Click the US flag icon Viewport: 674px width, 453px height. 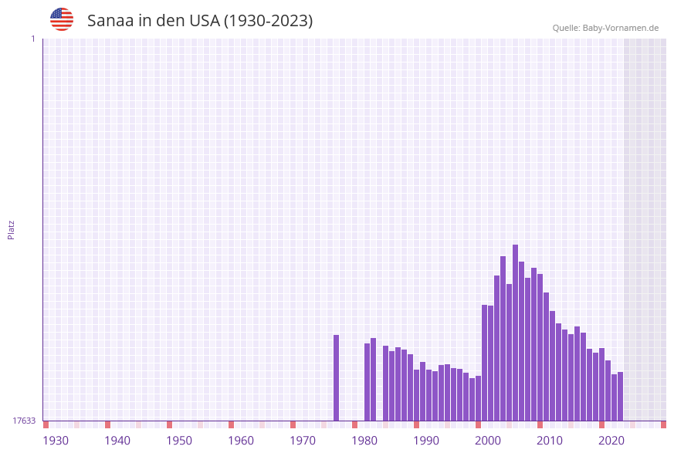62,19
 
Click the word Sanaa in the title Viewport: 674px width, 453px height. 110,21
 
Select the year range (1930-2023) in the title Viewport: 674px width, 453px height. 268,21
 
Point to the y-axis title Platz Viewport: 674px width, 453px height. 12,229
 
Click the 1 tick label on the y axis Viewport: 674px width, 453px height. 32,39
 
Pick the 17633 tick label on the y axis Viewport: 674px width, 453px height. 24,421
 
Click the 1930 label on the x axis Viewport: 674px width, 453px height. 56,441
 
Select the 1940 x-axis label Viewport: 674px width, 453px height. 117,441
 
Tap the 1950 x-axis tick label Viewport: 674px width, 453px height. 179,441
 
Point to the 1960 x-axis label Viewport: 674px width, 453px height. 241,441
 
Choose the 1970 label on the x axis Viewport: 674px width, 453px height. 303,441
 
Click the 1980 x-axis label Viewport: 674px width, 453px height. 364,441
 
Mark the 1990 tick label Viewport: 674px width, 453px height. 426,441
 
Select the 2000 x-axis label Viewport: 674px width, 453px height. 488,441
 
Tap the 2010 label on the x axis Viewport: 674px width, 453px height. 550,441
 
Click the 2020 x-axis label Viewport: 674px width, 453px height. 611,441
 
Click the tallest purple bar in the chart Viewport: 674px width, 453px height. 516,333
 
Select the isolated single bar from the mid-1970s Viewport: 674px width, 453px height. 337,377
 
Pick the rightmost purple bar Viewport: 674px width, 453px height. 620,396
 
